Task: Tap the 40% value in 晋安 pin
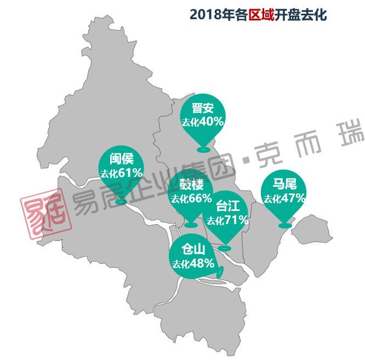212,122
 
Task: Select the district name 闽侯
121,159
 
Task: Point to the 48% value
201,264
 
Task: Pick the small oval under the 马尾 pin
284,225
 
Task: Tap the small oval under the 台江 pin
225,249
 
